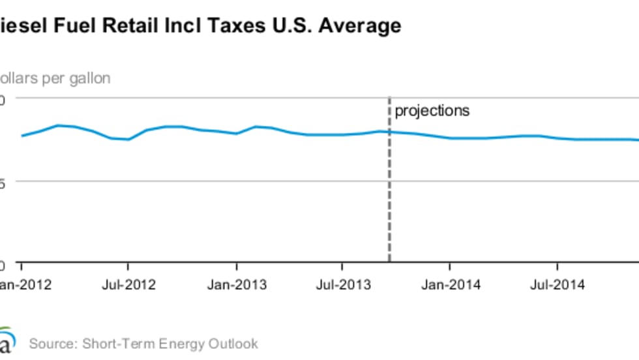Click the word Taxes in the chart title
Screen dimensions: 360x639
pos(215,26)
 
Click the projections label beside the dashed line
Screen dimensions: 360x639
pos(432,110)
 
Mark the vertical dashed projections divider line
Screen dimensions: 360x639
pos(390,196)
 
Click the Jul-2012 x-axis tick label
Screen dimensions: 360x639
pos(128,285)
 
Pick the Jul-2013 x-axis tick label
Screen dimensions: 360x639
pos(344,285)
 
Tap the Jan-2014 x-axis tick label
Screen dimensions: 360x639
pos(450,285)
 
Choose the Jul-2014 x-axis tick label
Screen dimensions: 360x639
pos(557,285)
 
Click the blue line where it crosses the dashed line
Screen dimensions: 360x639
pos(390,132)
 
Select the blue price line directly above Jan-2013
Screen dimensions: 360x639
pos(237,133)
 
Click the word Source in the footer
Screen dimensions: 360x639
pos(50,344)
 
